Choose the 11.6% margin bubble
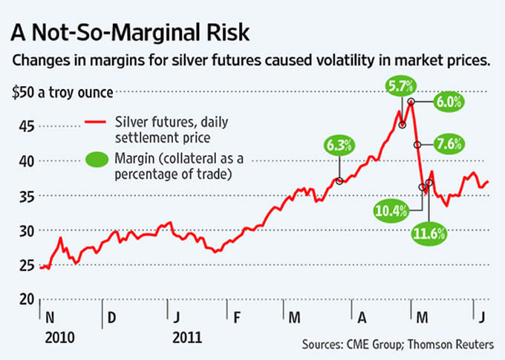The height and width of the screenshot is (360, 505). [429, 235]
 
